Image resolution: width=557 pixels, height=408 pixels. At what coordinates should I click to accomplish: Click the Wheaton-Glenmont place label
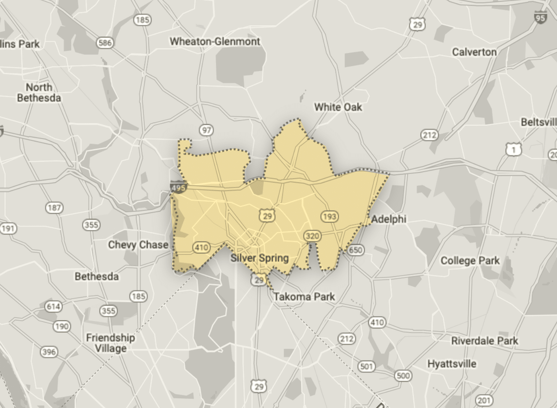click(215, 41)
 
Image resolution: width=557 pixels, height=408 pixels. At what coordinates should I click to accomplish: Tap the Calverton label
click(474, 52)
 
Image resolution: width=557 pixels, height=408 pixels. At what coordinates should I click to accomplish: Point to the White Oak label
click(338, 107)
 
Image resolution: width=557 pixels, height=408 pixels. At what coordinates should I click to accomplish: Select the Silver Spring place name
click(260, 258)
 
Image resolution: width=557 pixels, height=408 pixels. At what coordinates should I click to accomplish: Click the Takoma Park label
click(304, 297)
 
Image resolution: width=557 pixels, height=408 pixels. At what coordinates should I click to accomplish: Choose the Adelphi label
click(389, 219)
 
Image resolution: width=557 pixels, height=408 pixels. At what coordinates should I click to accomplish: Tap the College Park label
click(470, 261)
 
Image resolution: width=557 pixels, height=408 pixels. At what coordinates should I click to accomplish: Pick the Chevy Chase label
click(138, 245)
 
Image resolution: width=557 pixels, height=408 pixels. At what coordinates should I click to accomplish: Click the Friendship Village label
click(110, 343)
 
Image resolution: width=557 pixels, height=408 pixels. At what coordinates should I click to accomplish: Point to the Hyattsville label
click(452, 364)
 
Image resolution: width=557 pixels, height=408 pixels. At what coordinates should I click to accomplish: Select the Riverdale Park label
click(484, 341)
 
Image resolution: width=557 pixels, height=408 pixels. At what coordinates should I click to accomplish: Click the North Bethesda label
click(39, 93)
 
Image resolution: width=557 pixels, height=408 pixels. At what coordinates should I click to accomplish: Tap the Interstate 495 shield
click(178, 187)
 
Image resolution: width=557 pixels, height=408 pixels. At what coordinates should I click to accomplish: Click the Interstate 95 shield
click(540, 17)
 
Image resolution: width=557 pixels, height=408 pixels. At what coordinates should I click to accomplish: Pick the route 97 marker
click(206, 130)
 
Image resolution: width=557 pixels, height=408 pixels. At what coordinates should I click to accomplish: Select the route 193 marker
click(329, 217)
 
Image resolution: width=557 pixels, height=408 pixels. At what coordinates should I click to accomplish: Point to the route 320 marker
click(312, 236)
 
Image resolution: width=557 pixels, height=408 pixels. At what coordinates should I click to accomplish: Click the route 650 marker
click(355, 250)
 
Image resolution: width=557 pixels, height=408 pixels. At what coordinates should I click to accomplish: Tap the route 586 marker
click(105, 43)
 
